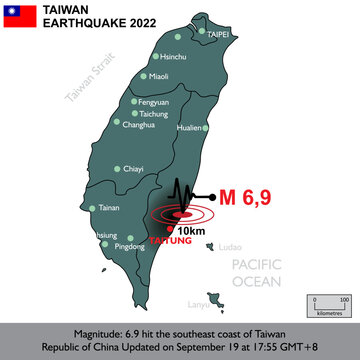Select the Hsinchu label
click(x=174, y=57)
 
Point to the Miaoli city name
click(x=160, y=75)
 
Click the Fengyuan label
click(x=153, y=102)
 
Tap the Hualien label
click(x=189, y=128)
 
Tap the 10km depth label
click(x=191, y=231)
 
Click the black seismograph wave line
click(x=184, y=194)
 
